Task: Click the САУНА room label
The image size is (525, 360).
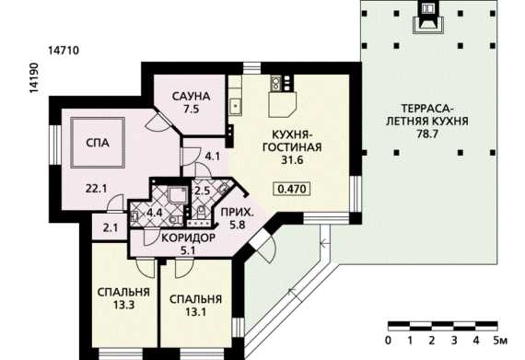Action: point(192,97)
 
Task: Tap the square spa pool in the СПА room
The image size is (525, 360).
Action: point(98,143)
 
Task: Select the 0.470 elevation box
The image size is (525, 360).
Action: point(292,189)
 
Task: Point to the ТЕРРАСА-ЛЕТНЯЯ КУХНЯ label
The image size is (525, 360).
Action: point(427,115)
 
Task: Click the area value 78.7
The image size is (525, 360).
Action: point(427,134)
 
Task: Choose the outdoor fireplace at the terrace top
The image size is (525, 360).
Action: point(427,17)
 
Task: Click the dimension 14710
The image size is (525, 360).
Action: point(64,51)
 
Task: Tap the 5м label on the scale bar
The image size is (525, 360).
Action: point(500,341)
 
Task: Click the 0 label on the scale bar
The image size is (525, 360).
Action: point(388,341)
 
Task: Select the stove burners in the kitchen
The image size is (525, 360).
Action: point(275,83)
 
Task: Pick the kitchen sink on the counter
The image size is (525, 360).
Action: point(236,107)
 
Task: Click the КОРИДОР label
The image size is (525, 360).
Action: point(188,238)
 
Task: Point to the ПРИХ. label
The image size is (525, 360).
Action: point(237,212)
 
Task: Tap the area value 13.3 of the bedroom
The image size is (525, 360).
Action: point(123,305)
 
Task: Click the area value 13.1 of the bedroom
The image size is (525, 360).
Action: point(196,312)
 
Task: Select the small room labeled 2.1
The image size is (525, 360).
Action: point(110,227)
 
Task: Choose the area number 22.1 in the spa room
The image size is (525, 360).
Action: point(96,189)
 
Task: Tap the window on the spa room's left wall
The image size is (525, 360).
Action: point(55,145)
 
